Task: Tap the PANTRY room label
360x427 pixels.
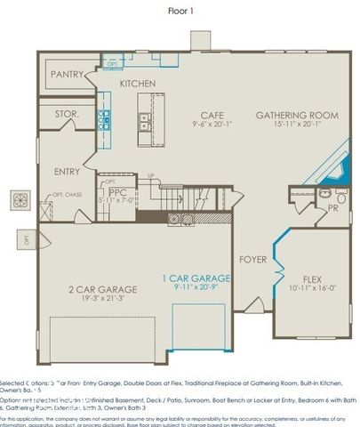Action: click(x=68, y=75)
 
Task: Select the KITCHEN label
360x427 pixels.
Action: click(x=138, y=84)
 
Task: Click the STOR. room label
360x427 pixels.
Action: click(x=68, y=115)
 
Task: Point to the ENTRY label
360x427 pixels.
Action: click(x=67, y=172)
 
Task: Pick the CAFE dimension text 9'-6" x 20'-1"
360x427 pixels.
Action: click(x=211, y=125)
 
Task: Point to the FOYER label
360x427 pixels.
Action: click(x=252, y=260)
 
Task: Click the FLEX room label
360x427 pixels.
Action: click(x=311, y=278)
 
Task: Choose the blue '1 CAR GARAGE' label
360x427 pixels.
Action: click(x=196, y=278)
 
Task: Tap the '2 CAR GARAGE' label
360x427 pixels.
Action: click(x=103, y=290)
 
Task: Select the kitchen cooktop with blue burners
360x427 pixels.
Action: click(x=104, y=119)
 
